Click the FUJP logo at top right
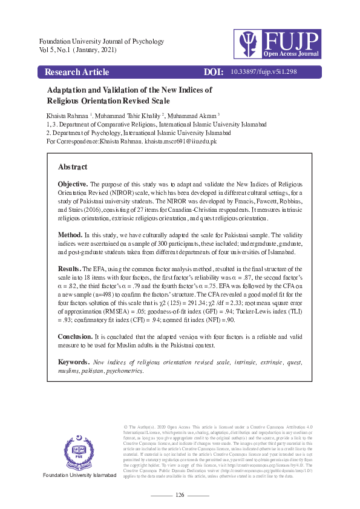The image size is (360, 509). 278,44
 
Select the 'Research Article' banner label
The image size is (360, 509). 77,72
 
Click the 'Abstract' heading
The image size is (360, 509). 73,167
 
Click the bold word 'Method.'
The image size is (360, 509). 70,234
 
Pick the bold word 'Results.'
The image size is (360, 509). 70,267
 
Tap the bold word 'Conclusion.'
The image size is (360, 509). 76,335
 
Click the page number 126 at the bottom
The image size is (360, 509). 179,495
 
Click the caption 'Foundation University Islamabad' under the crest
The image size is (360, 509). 79,475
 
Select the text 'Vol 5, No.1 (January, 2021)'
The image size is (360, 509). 77,50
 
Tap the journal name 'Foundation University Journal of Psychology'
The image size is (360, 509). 93,41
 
